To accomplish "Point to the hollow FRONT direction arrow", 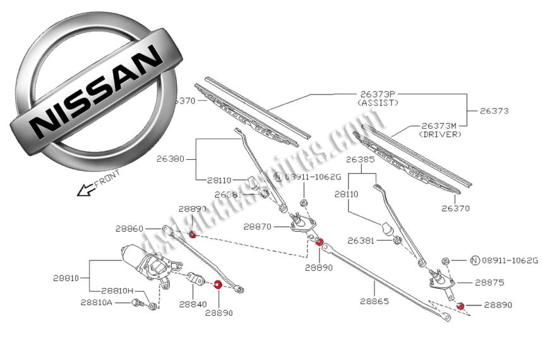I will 84,189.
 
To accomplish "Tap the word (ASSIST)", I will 378,102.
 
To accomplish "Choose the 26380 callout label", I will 170,159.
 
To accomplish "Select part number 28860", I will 129,229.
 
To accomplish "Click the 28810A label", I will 97,302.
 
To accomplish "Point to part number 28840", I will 193,304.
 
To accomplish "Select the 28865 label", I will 373,301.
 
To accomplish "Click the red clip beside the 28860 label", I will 193,236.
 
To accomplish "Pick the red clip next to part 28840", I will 218,285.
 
